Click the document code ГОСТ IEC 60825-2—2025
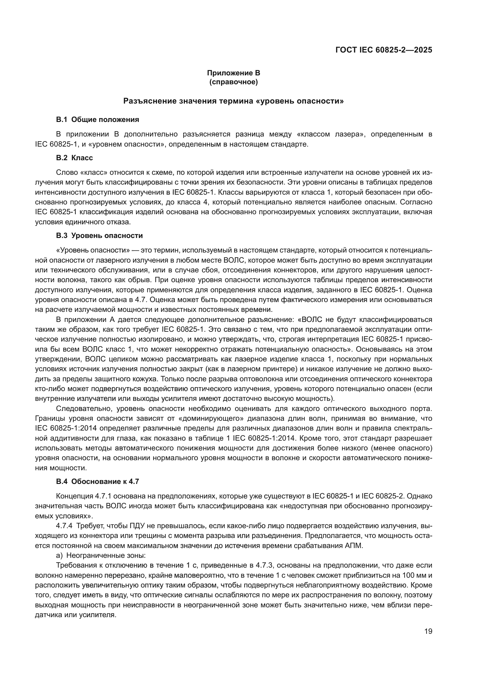tap(384, 50)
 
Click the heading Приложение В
tap(233, 73)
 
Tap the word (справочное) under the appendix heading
tap(233, 82)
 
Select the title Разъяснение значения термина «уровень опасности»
tap(233, 101)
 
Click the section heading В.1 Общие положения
tap(97, 119)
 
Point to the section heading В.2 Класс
tap(75, 158)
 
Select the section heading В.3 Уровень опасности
tap(99, 235)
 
